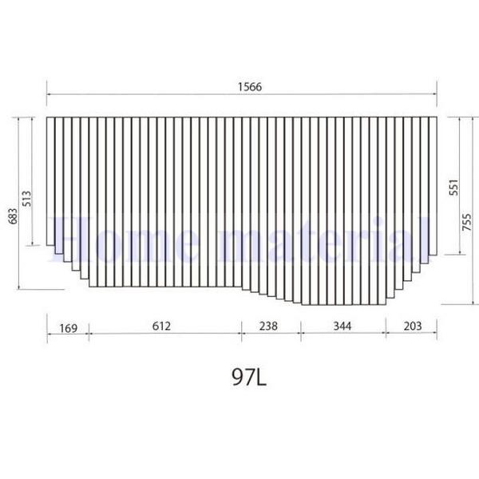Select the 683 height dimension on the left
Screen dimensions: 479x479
[13, 212]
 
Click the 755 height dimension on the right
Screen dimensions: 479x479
[466, 228]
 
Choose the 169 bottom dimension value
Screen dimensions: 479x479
[68, 327]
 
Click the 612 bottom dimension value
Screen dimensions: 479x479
[162, 327]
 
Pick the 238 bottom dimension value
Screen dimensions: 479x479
[271, 327]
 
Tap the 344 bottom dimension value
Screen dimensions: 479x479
[342, 327]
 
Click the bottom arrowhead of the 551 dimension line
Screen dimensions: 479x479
[453, 253]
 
